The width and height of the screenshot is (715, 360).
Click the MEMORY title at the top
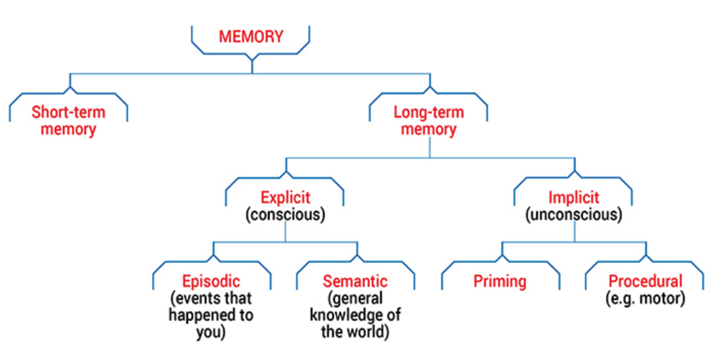tap(251, 37)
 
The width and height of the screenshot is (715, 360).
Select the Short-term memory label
tap(68, 120)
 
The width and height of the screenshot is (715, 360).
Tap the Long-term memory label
tap(428, 120)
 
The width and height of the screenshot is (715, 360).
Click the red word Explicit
tap(285, 197)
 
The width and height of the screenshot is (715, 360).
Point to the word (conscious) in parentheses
tap(285, 215)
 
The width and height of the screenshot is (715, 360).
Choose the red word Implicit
tap(574, 197)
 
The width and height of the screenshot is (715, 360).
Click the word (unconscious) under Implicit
tap(574, 215)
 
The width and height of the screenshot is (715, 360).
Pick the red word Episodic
tap(211, 281)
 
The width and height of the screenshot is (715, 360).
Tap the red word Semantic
tap(355, 281)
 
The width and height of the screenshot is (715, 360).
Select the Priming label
tap(500, 281)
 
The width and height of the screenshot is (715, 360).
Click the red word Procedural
tap(645, 281)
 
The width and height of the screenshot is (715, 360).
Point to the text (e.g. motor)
tap(645, 298)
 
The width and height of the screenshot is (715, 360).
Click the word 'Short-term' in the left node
tap(68, 112)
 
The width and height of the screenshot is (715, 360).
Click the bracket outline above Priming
tap(500, 263)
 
